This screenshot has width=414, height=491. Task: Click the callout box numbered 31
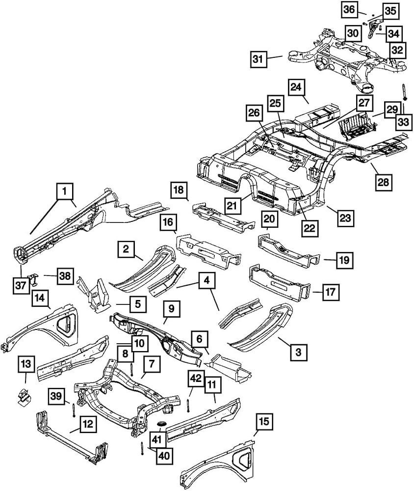(x=259, y=59)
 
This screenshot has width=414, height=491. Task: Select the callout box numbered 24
(x=296, y=87)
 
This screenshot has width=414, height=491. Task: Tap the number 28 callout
(x=384, y=182)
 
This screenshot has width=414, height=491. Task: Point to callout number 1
(x=65, y=191)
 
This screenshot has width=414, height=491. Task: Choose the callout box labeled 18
(x=179, y=190)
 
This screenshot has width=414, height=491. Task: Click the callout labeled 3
(x=298, y=352)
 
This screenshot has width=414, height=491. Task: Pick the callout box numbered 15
(x=264, y=421)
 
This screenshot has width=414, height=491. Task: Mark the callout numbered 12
(x=88, y=425)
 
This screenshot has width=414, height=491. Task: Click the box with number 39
(x=56, y=396)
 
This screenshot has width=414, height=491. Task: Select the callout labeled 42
(x=196, y=378)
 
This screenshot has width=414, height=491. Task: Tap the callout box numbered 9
(x=171, y=309)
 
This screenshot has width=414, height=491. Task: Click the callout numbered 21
(x=232, y=206)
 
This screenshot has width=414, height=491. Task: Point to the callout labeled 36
(x=349, y=9)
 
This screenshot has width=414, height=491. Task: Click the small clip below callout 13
(x=24, y=397)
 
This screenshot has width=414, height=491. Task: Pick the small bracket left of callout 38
(x=33, y=278)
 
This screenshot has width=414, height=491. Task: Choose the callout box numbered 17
(x=331, y=292)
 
